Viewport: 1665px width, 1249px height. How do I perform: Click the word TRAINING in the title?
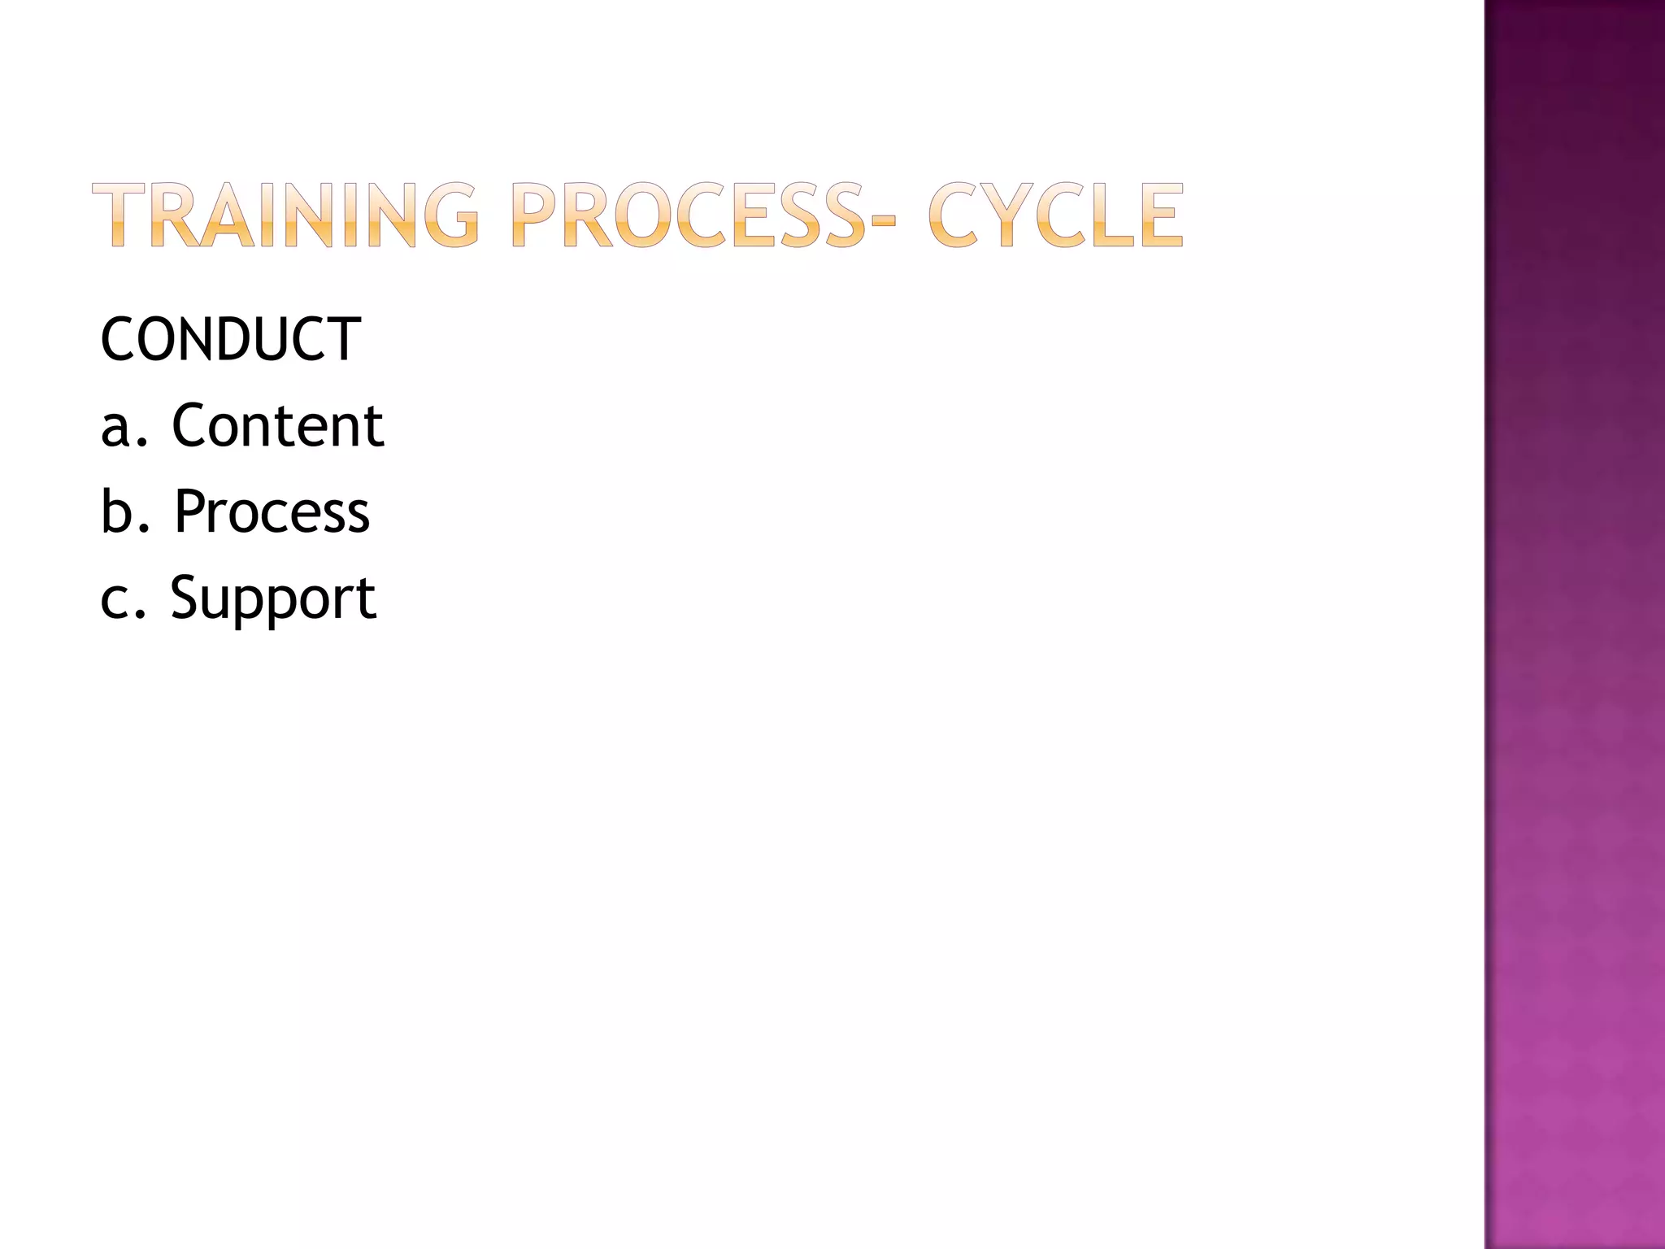point(285,215)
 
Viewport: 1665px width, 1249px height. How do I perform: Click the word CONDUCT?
point(230,339)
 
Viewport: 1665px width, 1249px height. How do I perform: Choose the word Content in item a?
point(277,425)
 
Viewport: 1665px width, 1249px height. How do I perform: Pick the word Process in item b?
point(272,511)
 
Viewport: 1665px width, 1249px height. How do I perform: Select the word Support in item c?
point(272,598)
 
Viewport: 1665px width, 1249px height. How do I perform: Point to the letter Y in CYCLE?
point(1007,215)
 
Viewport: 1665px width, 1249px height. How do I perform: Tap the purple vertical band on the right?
point(1574,624)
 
